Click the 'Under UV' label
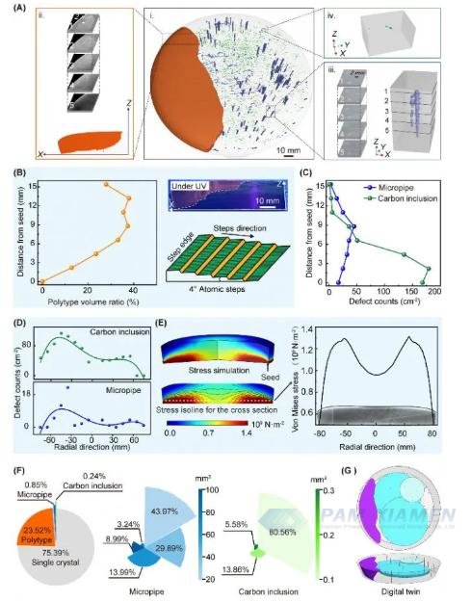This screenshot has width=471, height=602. pyautogui.click(x=188, y=183)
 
